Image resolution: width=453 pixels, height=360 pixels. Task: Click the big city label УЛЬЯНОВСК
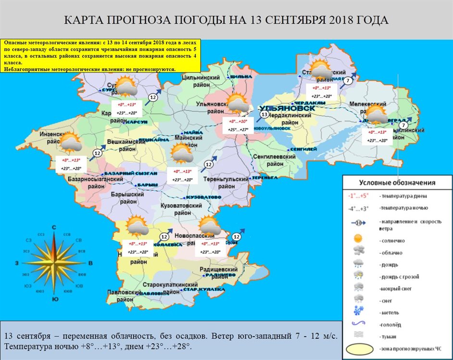287,109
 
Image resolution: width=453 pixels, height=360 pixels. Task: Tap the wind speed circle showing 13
264,115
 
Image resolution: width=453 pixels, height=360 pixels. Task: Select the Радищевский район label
220,273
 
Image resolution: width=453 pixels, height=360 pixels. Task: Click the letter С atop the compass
54,228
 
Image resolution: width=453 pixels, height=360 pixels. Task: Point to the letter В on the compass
90,263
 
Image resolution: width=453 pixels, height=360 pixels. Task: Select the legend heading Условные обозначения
397,183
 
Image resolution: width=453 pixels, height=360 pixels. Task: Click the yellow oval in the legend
358,348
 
